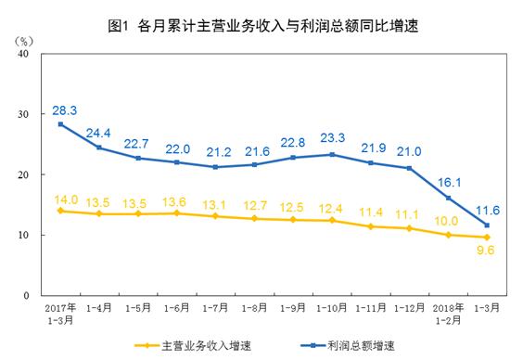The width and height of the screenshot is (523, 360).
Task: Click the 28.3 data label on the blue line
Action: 64,109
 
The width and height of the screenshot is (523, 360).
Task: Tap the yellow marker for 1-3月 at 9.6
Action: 487,238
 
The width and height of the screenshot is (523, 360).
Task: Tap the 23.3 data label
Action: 332,138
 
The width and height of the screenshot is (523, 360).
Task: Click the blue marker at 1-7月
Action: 215,167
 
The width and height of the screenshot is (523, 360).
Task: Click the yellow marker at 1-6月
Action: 176,213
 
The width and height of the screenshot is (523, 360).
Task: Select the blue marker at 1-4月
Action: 99,148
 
